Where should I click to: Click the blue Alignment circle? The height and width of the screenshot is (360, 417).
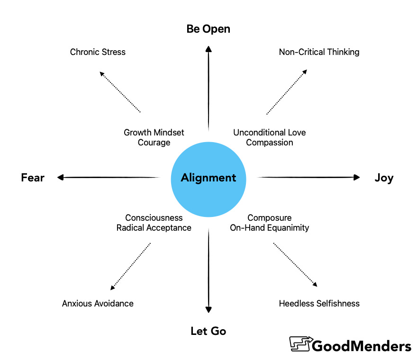tap(208, 178)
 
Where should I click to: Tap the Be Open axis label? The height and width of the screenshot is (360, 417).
tap(208, 29)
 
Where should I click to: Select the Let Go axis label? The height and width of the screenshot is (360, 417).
tap(208, 331)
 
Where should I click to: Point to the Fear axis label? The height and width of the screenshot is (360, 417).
tap(33, 178)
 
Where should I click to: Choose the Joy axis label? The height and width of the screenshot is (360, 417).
tap(383, 178)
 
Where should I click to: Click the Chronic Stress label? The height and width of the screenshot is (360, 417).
tap(98, 52)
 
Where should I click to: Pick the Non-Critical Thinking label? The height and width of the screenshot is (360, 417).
tap(319, 52)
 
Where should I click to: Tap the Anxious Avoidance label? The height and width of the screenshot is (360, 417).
tap(98, 303)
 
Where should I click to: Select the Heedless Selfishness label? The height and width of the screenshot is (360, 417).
tap(319, 303)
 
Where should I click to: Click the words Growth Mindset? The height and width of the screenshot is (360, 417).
tap(154, 133)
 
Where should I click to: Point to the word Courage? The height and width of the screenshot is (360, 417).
tap(154, 143)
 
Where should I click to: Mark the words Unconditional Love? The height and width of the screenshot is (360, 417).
tap(269, 133)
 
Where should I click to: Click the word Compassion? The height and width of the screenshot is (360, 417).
tap(269, 143)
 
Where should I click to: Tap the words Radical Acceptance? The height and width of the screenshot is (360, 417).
tap(154, 228)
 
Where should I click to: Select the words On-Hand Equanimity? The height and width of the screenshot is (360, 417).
tap(269, 228)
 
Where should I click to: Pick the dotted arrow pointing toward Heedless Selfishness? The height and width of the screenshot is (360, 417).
tap(295, 264)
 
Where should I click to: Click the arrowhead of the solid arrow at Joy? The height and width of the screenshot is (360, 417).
tap(356, 178)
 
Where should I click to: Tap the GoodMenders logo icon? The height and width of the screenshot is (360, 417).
tap(299, 345)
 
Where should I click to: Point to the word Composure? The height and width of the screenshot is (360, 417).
tap(269, 218)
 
